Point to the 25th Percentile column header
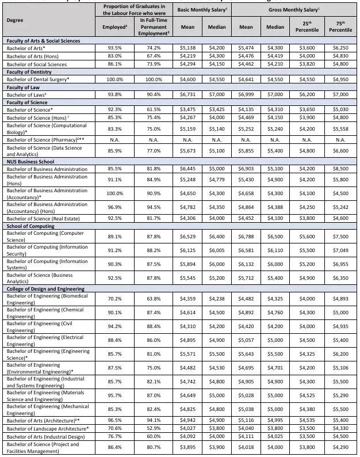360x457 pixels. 311,26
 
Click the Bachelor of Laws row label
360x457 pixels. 26,94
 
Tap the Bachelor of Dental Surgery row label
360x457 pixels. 37,79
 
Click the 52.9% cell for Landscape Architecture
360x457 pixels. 150,428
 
